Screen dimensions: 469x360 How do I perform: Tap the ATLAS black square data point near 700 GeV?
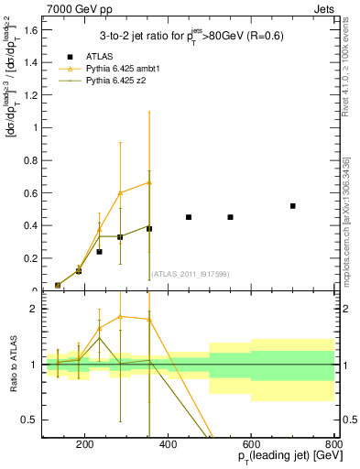tap(292, 206)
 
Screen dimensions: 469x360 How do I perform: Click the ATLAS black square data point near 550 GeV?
tap(230, 217)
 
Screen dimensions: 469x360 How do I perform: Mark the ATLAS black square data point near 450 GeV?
tap(189, 217)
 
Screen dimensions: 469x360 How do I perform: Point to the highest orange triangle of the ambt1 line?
tap(149, 182)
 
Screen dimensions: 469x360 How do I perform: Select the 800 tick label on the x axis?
tap(333, 446)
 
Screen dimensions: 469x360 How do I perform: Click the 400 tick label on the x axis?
tap(168, 446)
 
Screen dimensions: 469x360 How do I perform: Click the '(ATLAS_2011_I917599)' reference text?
tap(190, 274)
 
